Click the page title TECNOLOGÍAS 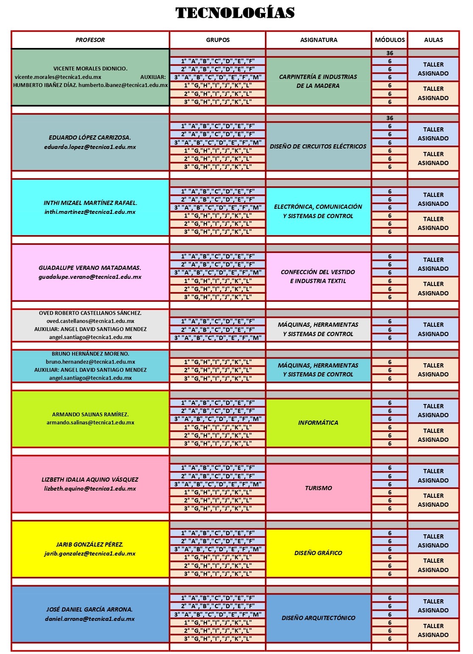coord(235,13)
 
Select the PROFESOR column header coord(90,40)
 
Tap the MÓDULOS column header coord(389,40)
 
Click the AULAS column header coord(433,40)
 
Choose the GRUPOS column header coord(218,40)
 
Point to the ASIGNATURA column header coord(319,40)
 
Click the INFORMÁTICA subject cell coord(318,423)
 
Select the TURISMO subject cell coord(318,488)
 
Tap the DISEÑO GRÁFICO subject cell coord(318,553)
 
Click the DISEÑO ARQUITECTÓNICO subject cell coord(318,618)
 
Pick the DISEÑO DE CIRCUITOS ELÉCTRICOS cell coord(318,146)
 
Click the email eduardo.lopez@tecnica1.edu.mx coord(90,147)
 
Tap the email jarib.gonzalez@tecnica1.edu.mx coord(90,554)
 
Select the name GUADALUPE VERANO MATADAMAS coord(90,268)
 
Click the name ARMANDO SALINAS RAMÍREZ coord(90,414)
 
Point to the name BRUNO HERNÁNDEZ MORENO coord(90,354)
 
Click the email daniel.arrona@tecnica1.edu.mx coord(90,619)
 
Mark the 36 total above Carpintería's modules coord(389,53)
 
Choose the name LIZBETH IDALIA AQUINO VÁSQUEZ coord(90,480)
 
